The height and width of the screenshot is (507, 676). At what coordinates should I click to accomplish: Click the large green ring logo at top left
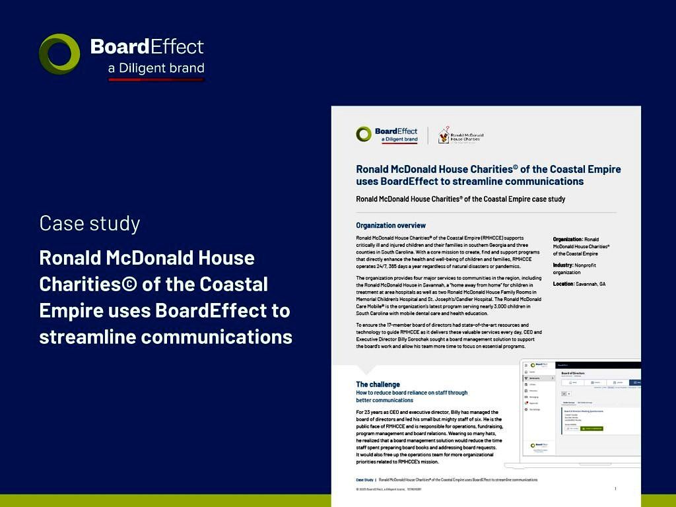59,53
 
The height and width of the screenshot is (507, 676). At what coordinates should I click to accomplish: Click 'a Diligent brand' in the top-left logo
156,68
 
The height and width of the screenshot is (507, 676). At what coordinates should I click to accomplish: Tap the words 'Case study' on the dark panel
89,223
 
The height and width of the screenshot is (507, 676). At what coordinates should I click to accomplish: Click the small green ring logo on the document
364,135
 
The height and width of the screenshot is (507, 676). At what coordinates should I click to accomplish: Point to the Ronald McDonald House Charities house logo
444,133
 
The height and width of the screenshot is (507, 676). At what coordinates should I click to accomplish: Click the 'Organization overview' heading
391,226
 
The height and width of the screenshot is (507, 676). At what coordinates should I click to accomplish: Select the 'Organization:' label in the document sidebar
568,239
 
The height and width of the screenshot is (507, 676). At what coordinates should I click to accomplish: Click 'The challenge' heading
378,384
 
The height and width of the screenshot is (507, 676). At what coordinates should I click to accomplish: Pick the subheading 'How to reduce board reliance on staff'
411,393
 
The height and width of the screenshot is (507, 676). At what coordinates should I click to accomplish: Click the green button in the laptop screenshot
591,428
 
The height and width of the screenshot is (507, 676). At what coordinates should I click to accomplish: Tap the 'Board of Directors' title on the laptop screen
572,373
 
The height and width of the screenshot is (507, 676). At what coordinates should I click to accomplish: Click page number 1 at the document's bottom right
615,489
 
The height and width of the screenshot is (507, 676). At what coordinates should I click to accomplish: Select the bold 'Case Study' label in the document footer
364,480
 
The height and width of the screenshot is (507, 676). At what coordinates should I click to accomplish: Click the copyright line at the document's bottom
388,489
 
